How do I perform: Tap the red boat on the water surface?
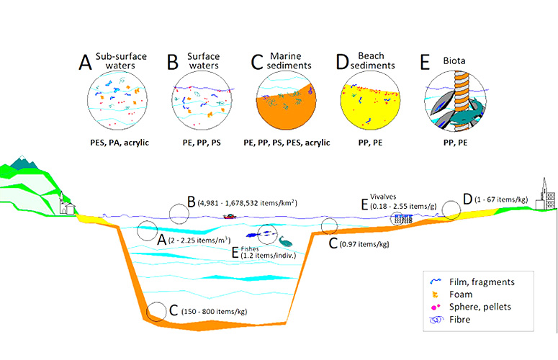pos(231,215)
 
